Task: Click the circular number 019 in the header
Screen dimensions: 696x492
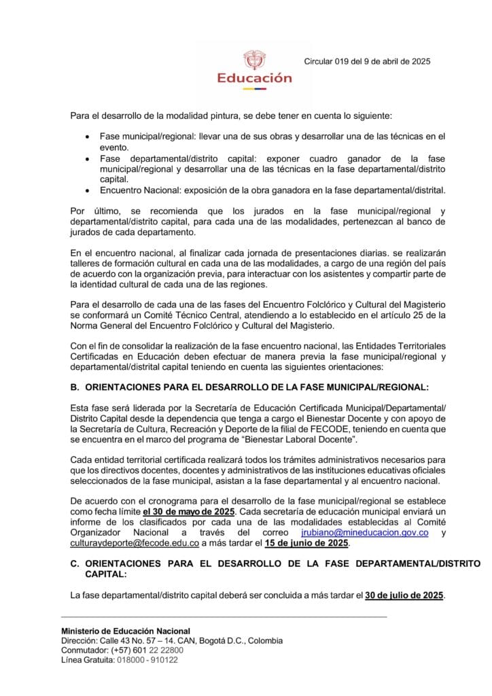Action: (x=346, y=61)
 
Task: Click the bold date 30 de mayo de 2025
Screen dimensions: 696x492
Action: (x=189, y=510)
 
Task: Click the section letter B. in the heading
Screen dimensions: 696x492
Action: (x=75, y=387)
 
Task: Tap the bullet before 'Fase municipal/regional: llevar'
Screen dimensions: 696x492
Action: (x=86, y=137)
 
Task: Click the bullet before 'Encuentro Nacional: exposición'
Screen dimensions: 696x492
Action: (x=86, y=190)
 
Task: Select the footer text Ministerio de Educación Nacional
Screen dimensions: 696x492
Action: (x=126, y=631)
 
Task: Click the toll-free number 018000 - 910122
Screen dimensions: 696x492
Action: (x=147, y=659)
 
